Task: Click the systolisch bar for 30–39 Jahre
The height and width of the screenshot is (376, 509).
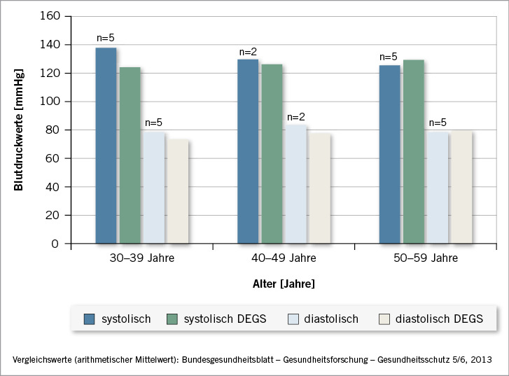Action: (106, 146)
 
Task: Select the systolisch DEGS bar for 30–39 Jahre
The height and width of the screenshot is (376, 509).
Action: (130, 155)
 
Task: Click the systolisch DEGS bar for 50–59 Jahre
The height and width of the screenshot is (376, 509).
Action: (413, 152)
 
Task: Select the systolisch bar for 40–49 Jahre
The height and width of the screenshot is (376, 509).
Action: (248, 151)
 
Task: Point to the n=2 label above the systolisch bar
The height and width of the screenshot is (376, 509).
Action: (249, 52)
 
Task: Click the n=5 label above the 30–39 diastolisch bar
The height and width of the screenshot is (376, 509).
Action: (154, 123)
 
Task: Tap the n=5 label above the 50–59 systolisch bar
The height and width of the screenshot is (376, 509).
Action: (389, 57)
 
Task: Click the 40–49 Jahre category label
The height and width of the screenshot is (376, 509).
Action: (284, 258)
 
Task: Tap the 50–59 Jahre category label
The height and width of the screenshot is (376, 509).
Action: (425, 258)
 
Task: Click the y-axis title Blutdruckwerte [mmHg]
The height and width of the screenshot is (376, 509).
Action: (19, 130)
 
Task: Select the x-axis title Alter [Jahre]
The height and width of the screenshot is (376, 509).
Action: (284, 285)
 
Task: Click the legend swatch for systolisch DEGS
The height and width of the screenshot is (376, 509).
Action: (172, 319)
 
